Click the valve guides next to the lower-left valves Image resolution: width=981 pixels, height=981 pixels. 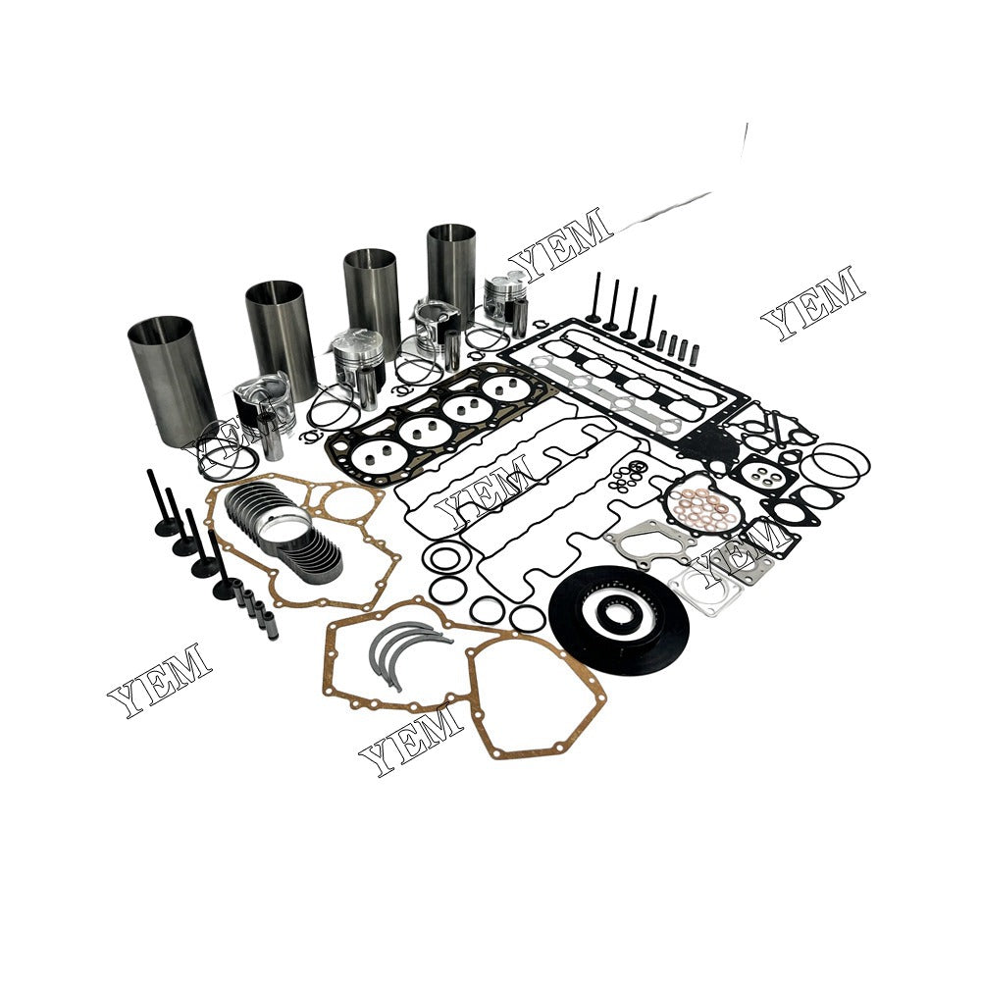click(x=257, y=614)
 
